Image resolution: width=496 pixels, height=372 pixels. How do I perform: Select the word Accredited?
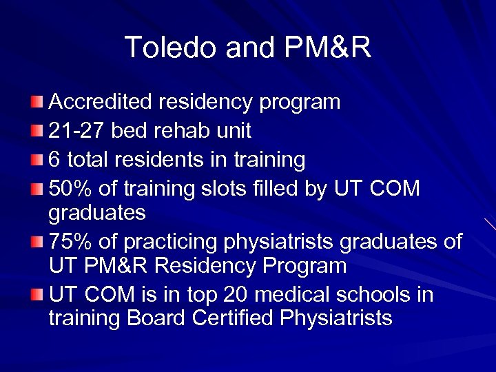(101, 102)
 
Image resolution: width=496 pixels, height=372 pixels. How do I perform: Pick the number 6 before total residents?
(55, 160)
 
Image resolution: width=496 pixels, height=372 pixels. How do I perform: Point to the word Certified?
(234, 318)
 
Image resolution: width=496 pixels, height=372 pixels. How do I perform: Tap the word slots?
(210, 188)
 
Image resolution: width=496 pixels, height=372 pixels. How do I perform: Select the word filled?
(260, 188)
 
